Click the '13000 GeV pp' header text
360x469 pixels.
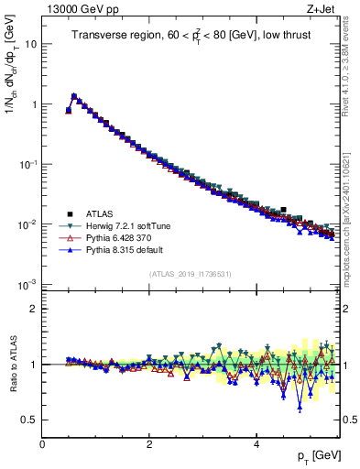[x=72, y=8]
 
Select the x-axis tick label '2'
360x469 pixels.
[x=149, y=444]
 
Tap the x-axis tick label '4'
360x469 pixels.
[x=256, y=444]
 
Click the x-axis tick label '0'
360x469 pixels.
[x=42, y=444]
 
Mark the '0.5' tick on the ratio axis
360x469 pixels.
[x=29, y=420]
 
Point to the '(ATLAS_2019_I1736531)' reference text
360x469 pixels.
[x=191, y=275]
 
